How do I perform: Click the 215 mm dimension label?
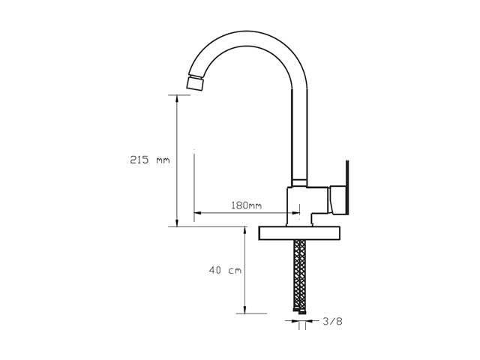[x=150, y=160]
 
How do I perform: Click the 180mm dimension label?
[x=247, y=205]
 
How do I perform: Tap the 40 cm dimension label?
[x=225, y=270]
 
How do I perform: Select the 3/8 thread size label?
[x=332, y=321]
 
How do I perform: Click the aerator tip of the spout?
[x=195, y=82]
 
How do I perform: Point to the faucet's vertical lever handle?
[x=347, y=187]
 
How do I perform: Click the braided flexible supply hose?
[x=299, y=275]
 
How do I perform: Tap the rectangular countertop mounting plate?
[x=299, y=233]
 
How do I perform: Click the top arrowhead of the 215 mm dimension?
[x=177, y=98]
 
